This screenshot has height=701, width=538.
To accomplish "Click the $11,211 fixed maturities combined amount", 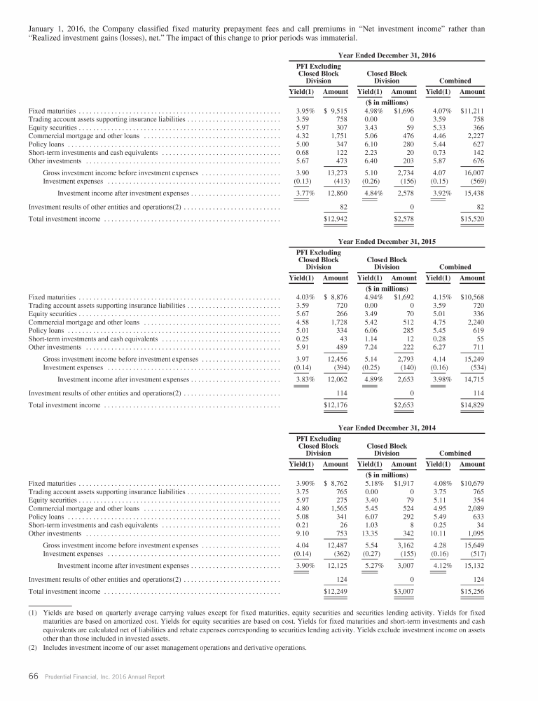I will pyautogui.click(x=473, y=110).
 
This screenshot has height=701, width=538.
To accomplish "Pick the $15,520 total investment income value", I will pyautogui.click(x=473, y=219).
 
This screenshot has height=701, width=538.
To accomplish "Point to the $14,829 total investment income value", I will pyautogui.click(x=473, y=406).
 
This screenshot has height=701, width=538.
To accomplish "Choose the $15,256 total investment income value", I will pyautogui.click(x=473, y=592).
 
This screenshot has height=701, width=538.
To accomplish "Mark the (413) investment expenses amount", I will pyautogui.click(x=336, y=180).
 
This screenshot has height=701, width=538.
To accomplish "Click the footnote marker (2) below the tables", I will pyautogui.click(x=32, y=647).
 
